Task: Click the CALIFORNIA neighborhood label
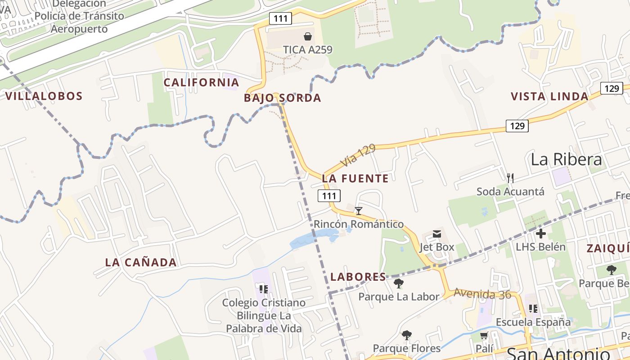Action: pos(201,82)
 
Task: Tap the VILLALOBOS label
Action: pos(44,96)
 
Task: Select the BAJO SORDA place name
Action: pos(283,98)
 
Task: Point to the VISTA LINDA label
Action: pos(549,96)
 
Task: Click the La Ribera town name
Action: pos(566,159)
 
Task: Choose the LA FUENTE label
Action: pos(355,179)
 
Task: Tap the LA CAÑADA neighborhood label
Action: pos(141,262)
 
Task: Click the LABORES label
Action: pos(358,277)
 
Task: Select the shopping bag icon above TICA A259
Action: pos(308,36)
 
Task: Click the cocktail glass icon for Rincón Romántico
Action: pos(359,211)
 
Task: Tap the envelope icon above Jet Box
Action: pos(437,234)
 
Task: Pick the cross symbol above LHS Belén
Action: pos(541,234)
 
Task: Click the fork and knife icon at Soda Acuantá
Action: pos(510,178)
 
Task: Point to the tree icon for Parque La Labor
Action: pos(398,283)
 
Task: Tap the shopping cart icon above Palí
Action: pos(484,336)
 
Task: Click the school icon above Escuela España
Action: pos(533,309)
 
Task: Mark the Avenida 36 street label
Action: pos(482,293)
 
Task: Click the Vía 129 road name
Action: pos(358,155)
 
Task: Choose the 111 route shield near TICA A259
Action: pos(281,18)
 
